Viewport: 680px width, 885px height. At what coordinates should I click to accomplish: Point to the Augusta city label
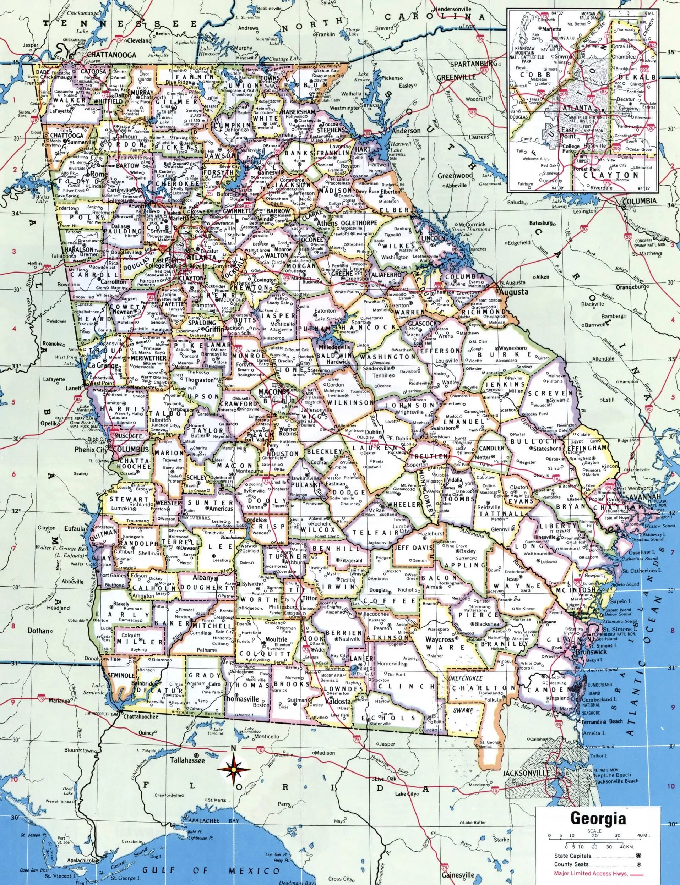(x=514, y=292)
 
